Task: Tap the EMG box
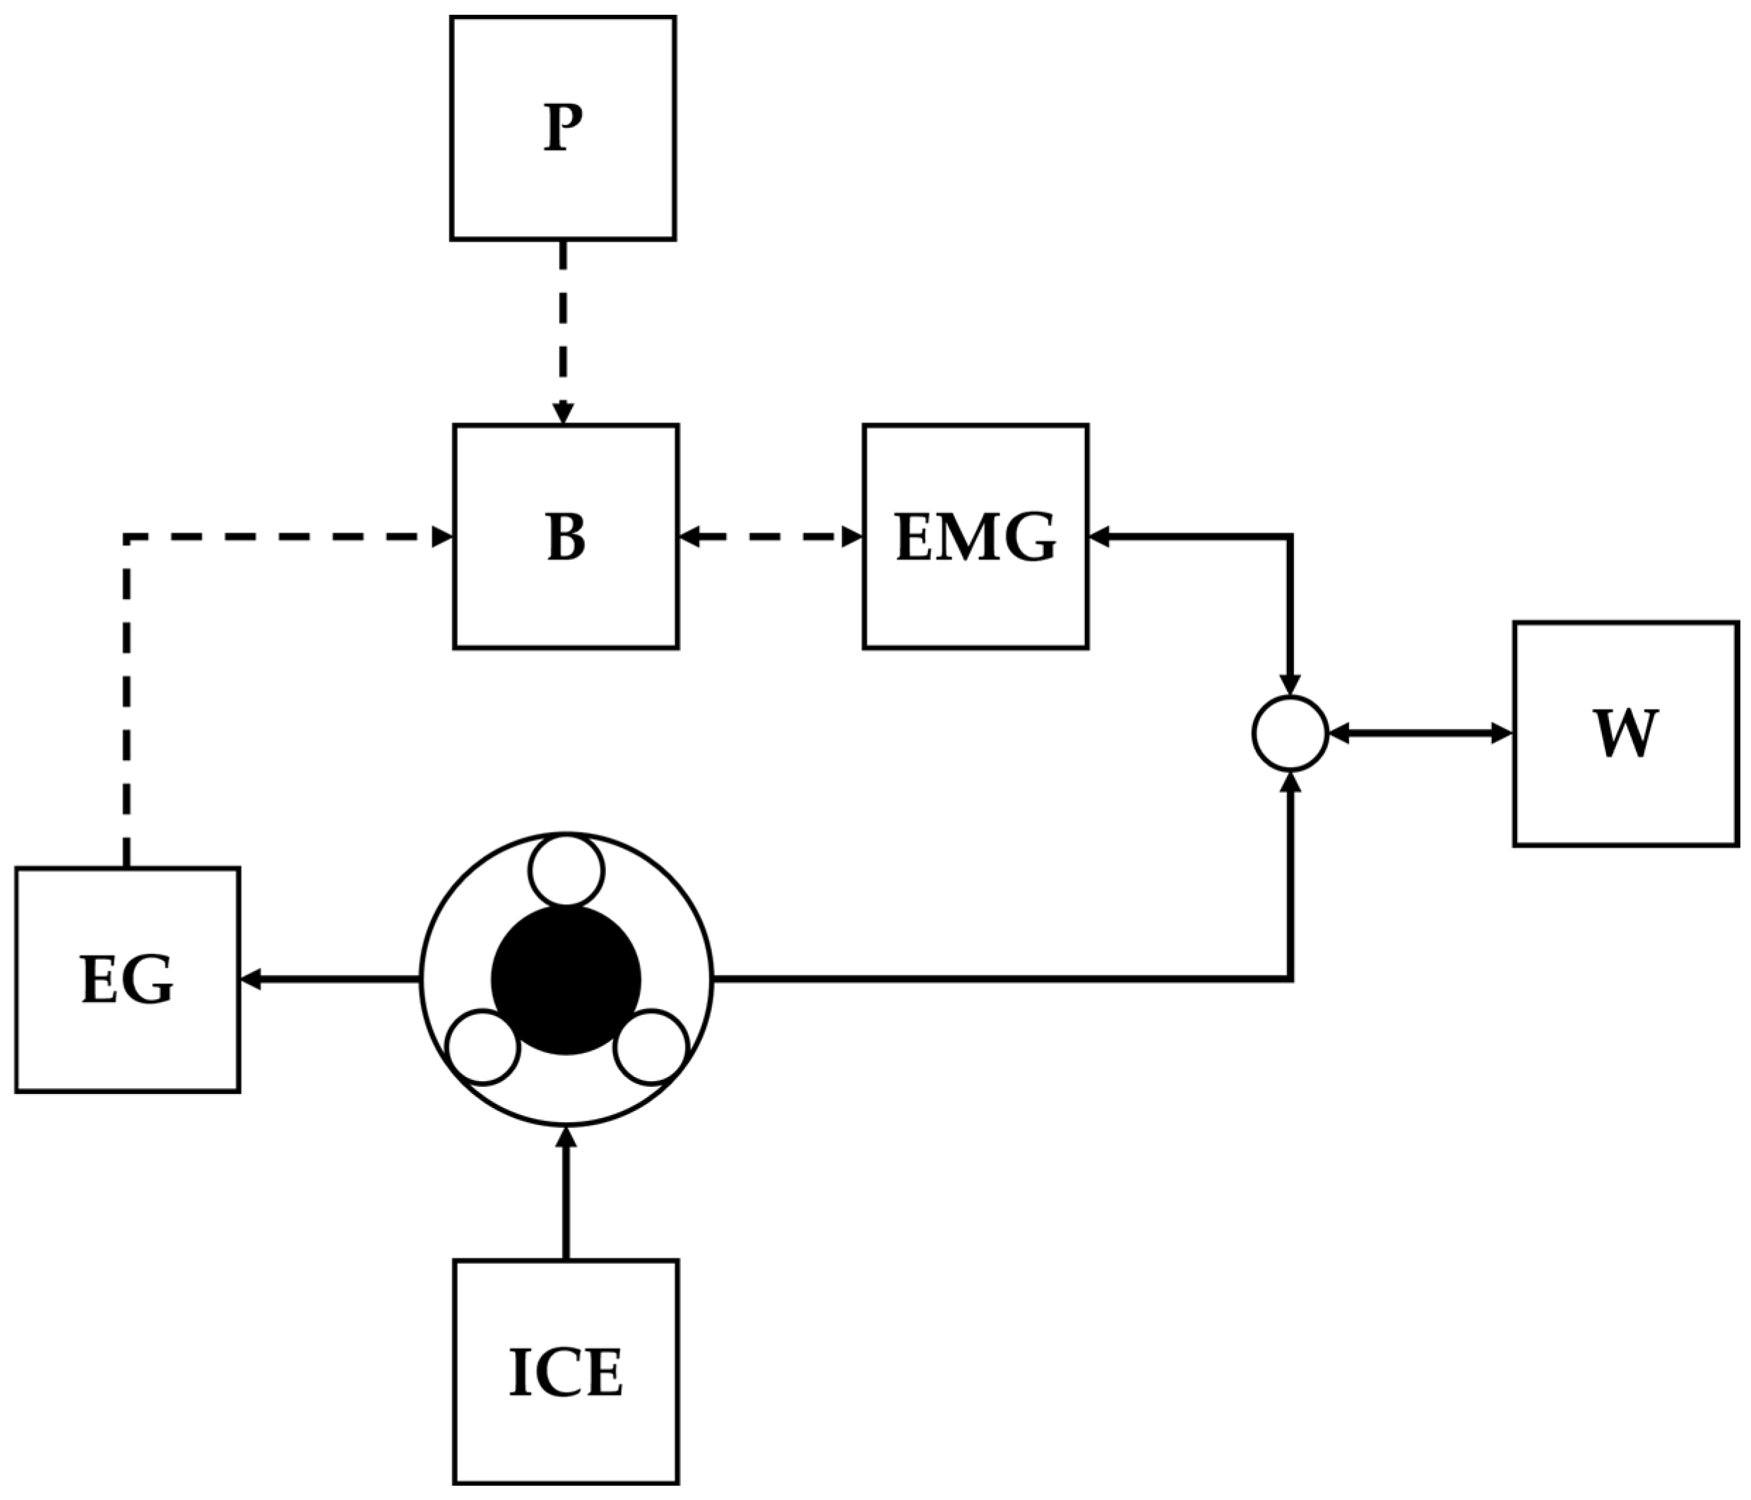tap(975, 537)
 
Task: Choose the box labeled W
tap(1625, 734)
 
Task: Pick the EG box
tap(128, 980)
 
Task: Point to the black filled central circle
tap(566, 980)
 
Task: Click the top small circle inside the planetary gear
tap(566, 871)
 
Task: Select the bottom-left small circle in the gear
tap(482, 1046)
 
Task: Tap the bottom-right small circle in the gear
tap(651, 1046)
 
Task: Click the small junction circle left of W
tap(1290, 734)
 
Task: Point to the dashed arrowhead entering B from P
tap(564, 413)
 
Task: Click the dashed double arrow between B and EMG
tap(771, 537)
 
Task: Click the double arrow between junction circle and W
tap(1420, 734)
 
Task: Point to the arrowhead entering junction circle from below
tap(1290, 782)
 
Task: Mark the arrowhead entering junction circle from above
tap(1290, 685)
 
